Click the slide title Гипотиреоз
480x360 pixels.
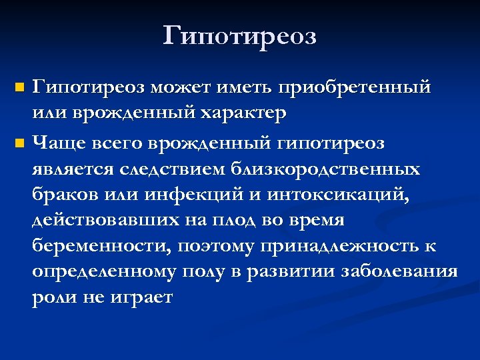[240, 35]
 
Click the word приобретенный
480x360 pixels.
[355, 87]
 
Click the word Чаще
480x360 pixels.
[57, 143]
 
